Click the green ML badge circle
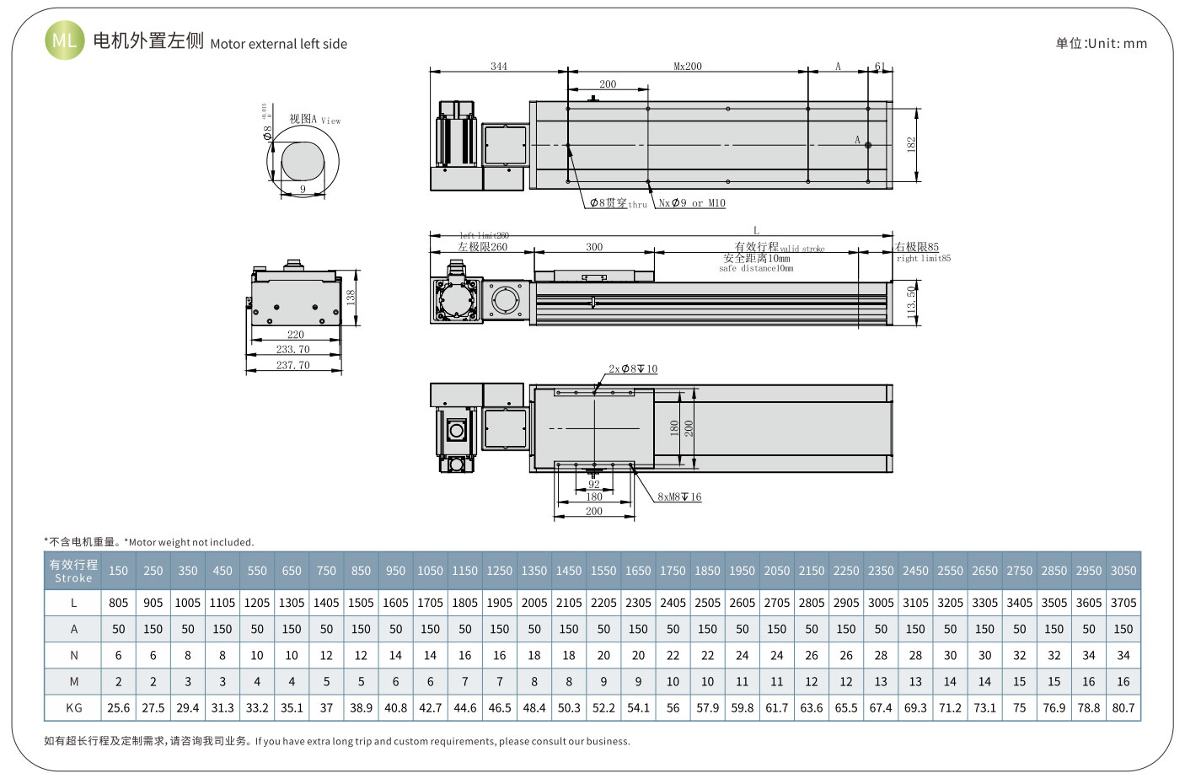64,40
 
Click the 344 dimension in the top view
499,66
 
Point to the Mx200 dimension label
688,66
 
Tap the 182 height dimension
911,144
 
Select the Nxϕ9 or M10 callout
691,203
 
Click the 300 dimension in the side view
594,247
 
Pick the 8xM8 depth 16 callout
679,497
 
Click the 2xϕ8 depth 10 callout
633,369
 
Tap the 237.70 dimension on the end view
292,365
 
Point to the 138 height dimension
351,297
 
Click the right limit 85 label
917,247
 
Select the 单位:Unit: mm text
1101,43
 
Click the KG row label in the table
74,707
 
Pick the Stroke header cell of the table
74,571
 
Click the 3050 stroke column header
1123,571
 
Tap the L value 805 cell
119,603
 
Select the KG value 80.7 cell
1123,707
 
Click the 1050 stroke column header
430,571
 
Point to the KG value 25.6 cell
119,707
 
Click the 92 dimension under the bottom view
594,485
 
